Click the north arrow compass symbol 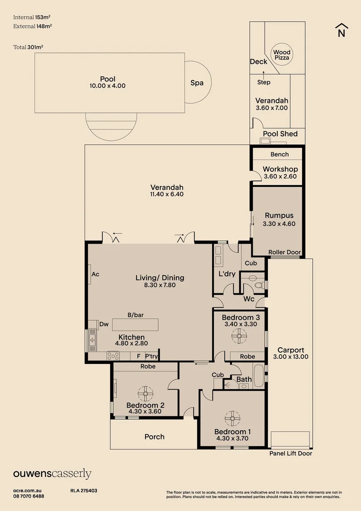341,30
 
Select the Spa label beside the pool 197,83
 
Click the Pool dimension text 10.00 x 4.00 107,86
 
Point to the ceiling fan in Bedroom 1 232,418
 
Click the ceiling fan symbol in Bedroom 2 146,393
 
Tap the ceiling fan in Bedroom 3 239,336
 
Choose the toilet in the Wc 260,285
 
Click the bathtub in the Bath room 259,376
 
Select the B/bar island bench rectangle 136,325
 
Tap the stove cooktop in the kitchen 113,356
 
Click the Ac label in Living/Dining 95,274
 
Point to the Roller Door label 284,252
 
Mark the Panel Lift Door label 291,453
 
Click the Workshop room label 280,169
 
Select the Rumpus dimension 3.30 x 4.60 279,224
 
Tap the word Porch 155,437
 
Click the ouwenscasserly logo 52,474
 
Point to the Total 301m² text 28,47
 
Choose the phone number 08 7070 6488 29,496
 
